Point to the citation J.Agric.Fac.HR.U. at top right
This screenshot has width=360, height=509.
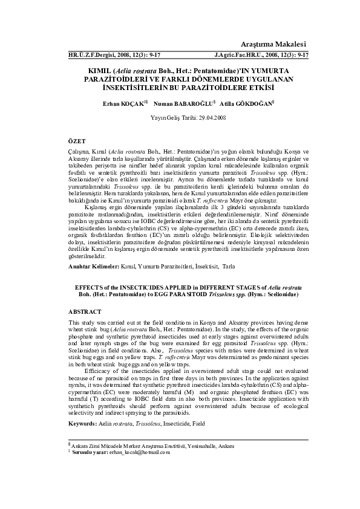tap(240, 54)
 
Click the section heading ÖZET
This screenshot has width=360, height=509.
tap(77, 140)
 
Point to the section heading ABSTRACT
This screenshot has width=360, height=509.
tap(85, 311)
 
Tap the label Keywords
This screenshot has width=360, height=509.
tap(83, 424)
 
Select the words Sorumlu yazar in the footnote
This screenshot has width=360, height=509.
tap(90, 452)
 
